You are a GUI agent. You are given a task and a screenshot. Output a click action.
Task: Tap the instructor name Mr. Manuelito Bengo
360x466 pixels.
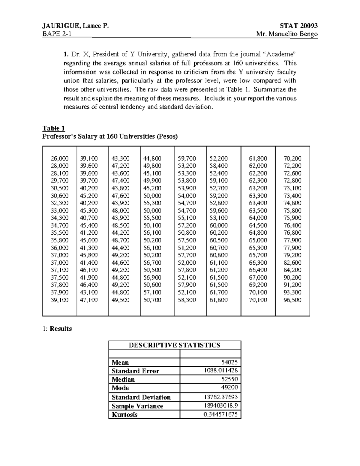pyautogui.click(x=287, y=34)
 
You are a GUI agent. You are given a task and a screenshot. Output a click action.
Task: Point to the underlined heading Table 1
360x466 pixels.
pyautogui.click(x=54, y=128)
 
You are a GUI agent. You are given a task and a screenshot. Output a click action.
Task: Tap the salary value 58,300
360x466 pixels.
pyautogui.click(x=187, y=300)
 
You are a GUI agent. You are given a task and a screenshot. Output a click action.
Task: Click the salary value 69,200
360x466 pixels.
pyautogui.click(x=258, y=285)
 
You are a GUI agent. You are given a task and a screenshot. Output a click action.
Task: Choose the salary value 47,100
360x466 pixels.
pyautogui.click(x=89, y=300)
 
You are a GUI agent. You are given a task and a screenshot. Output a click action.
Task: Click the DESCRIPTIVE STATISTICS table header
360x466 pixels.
pyautogui.click(x=175, y=345)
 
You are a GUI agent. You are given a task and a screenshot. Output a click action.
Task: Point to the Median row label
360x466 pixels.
pyautogui.click(x=123, y=379)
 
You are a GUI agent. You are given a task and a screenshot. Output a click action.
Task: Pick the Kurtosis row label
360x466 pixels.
pyautogui.click(x=124, y=415)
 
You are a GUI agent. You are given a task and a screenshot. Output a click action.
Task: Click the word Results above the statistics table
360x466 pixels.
pyautogui.click(x=61, y=329)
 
